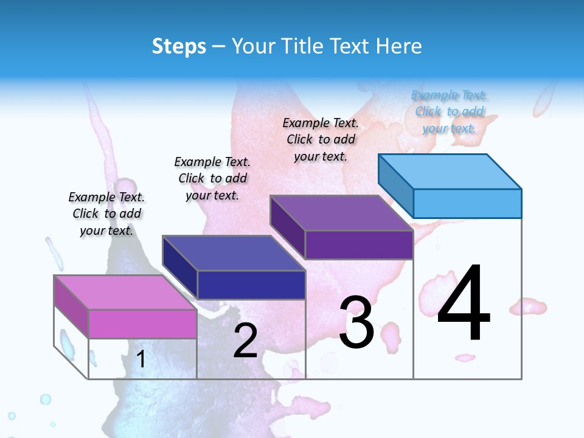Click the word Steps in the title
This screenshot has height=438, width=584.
click(178, 46)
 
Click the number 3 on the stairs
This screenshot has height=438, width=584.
click(356, 322)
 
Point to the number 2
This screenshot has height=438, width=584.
click(245, 341)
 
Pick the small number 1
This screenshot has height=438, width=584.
click(141, 359)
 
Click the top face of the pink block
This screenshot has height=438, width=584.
click(125, 292)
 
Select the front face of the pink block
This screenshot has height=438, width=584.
click(142, 324)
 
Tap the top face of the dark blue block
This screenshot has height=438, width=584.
click(234, 252)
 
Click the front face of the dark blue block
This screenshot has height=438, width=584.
click(251, 285)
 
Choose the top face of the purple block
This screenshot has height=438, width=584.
click(341, 213)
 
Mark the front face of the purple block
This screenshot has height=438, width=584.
click(359, 245)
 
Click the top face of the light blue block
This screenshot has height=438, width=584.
click(450, 171)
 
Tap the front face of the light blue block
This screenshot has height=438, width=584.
click(467, 203)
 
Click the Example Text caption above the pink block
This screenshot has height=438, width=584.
click(106, 214)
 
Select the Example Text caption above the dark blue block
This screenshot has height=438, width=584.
click(212, 178)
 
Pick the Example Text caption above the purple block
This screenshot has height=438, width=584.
click(321, 139)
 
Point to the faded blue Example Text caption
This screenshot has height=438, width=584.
click(449, 111)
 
